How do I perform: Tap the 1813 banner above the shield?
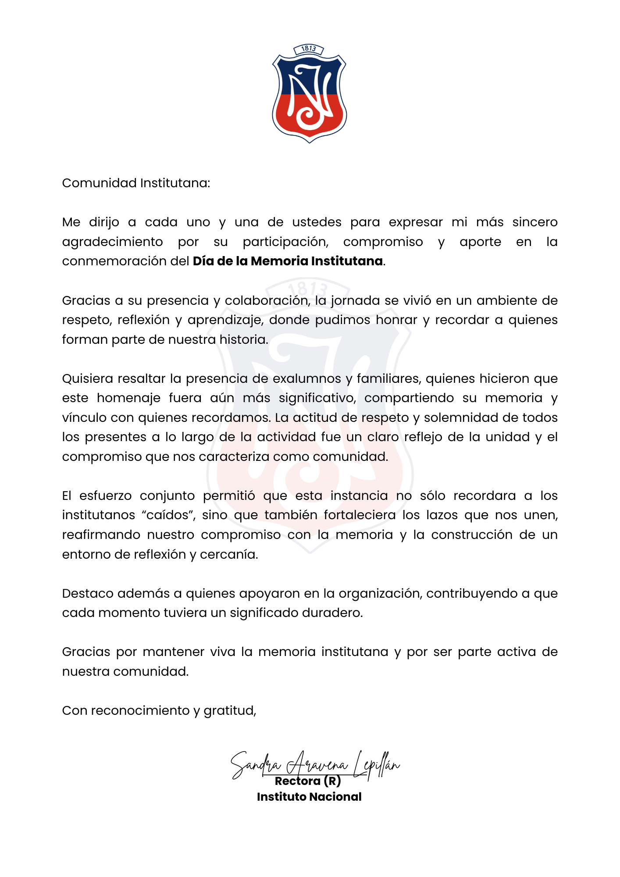click(x=309, y=49)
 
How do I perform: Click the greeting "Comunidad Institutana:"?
click(x=136, y=183)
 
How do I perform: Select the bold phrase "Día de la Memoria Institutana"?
click(x=288, y=261)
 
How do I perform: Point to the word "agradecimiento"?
click(x=112, y=242)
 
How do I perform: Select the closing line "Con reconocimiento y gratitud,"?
click(x=159, y=710)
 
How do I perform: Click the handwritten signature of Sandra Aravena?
click(x=315, y=765)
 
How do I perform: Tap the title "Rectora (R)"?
click(x=308, y=781)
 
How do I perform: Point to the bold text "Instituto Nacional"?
click(x=309, y=797)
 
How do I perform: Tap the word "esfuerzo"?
click(x=105, y=496)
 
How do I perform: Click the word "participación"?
click(x=285, y=242)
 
